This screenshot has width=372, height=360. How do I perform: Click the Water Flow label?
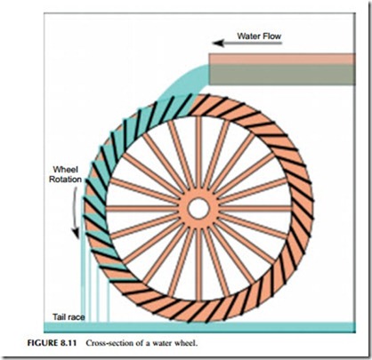pyautogui.click(x=259, y=36)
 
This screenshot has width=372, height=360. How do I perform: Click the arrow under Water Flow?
pyautogui.click(x=247, y=44)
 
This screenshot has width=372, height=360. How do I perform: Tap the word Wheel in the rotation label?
pyautogui.click(x=65, y=170)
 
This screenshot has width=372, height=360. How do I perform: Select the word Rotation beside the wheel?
pyautogui.click(x=65, y=180)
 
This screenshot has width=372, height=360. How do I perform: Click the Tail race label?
pyautogui.click(x=69, y=317)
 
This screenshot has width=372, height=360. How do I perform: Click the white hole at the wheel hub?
pyautogui.click(x=198, y=208)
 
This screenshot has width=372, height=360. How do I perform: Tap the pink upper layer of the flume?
pyautogui.click(x=282, y=59)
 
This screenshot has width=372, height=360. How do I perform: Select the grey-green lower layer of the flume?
pyautogui.click(x=282, y=75)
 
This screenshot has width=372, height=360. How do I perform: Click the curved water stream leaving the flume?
pyautogui.click(x=181, y=83)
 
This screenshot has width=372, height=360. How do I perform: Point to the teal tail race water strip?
pyautogui.click(x=199, y=327)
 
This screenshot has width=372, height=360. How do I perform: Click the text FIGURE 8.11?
pyautogui.click(x=52, y=343)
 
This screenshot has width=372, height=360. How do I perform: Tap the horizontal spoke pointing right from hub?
pyautogui.click(x=255, y=208)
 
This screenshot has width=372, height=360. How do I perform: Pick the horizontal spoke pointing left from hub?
pyautogui.click(x=142, y=208)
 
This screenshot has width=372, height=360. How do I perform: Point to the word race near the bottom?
pyautogui.click(x=77, y=317)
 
